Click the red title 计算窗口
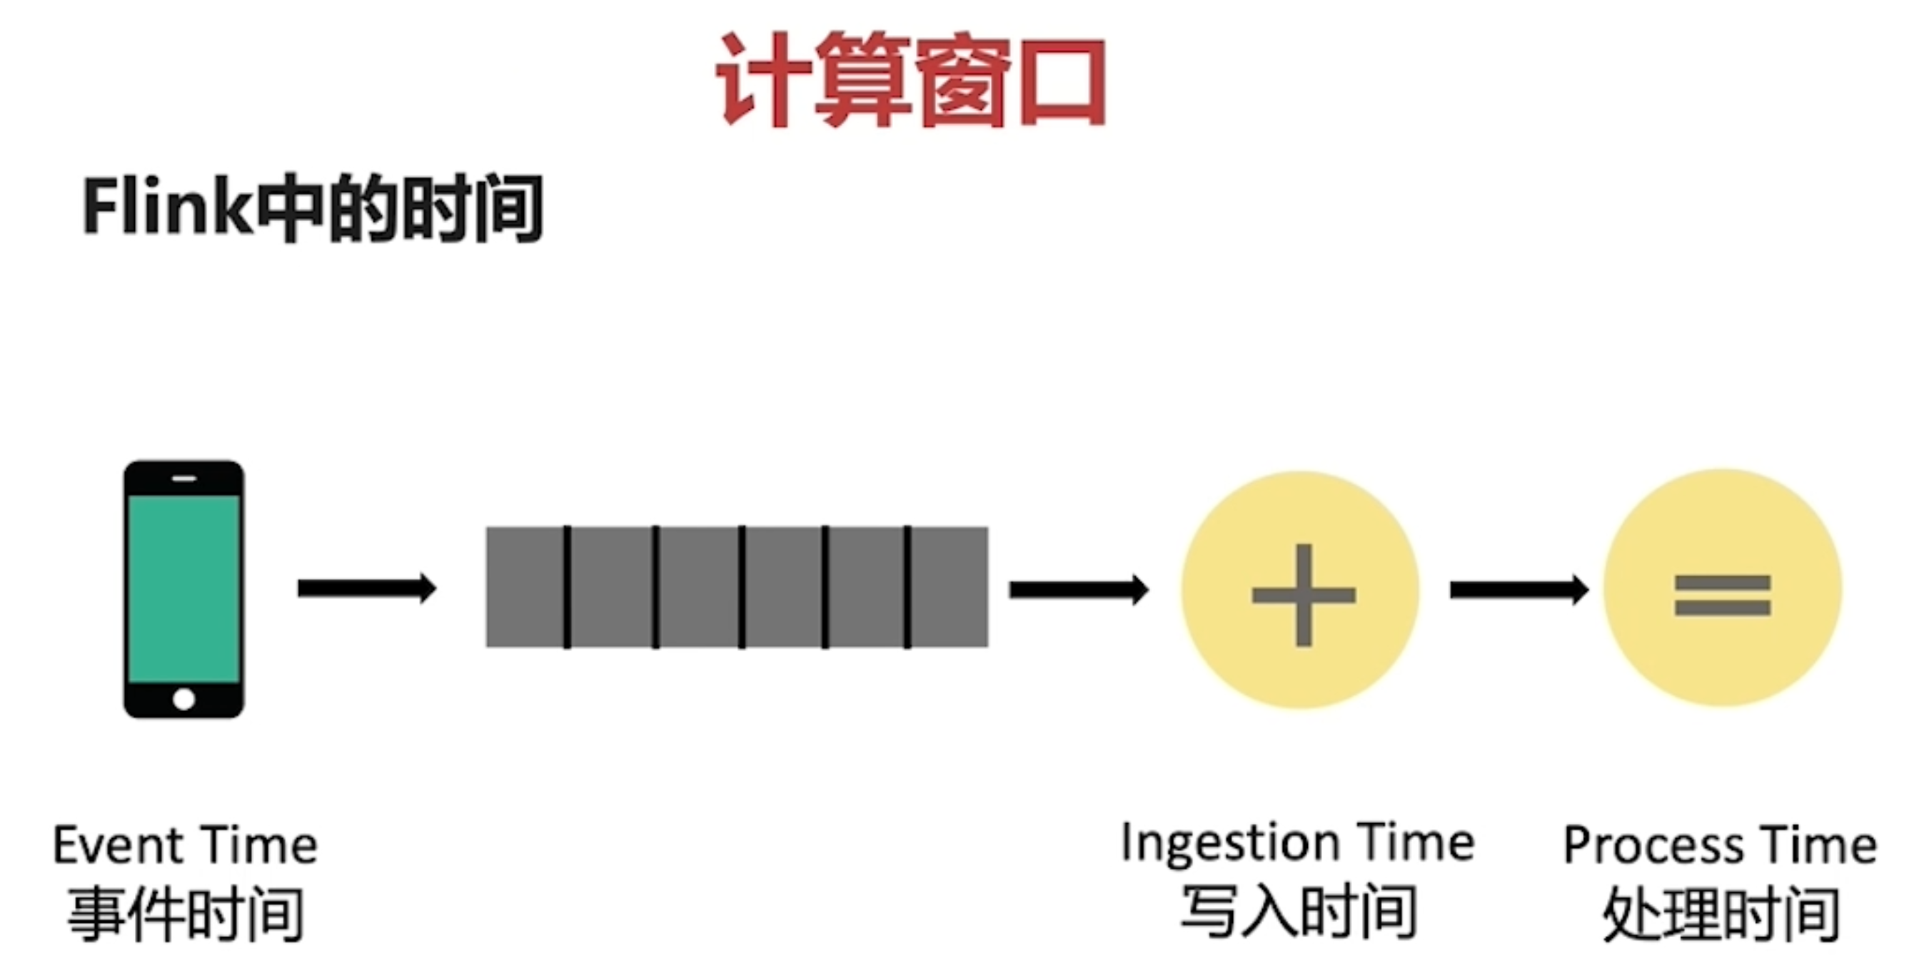911,81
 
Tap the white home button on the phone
183,700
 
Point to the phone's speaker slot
183,479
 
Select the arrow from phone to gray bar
366,588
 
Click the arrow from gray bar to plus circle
1078,590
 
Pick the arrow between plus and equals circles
1518,591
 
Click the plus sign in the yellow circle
1304,595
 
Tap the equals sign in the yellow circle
1723,595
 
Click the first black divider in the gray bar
568,587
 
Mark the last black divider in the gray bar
907,587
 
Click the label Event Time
185,846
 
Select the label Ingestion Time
1298,843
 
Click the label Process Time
1720,846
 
